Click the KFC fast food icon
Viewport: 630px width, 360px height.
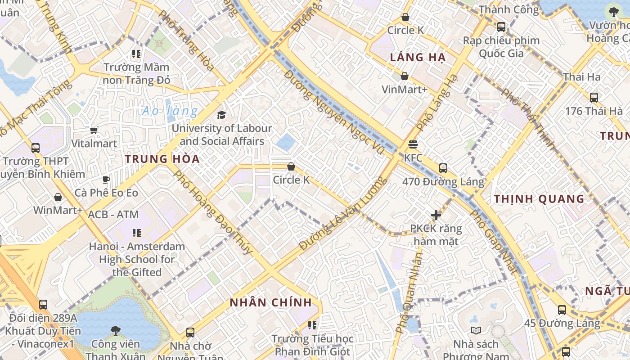click(x=413, y=144)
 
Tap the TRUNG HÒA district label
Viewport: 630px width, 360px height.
click(x=162, y=159)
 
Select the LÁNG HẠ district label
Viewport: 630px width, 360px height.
click(x=418, y=57)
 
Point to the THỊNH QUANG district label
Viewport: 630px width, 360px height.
click(x=539, y=198)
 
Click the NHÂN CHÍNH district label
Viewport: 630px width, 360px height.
click(x=271, y=302)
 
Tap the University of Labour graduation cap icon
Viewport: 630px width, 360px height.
click(x=221, y=115)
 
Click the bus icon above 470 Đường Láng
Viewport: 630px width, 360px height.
click(x=443, y=168)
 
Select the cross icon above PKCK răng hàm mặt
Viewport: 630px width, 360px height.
click(x=436, y=215)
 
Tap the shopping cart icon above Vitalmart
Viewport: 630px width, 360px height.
click(x=94, y=130)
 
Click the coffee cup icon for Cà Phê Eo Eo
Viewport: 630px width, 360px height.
click(x=106, y=180)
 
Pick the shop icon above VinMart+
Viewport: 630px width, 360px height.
click(x=405, y=76)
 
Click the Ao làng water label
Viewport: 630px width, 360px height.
click(x=170, y=111)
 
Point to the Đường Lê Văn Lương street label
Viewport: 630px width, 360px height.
click(x=343, y=213)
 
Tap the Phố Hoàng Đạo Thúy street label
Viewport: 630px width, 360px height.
click(x=213, y=212)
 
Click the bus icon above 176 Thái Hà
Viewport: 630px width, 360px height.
click(x=594, y=97)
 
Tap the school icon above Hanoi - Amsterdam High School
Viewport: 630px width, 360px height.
click(x=137, y=233)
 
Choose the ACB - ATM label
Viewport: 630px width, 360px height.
click(x=113, y=215)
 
